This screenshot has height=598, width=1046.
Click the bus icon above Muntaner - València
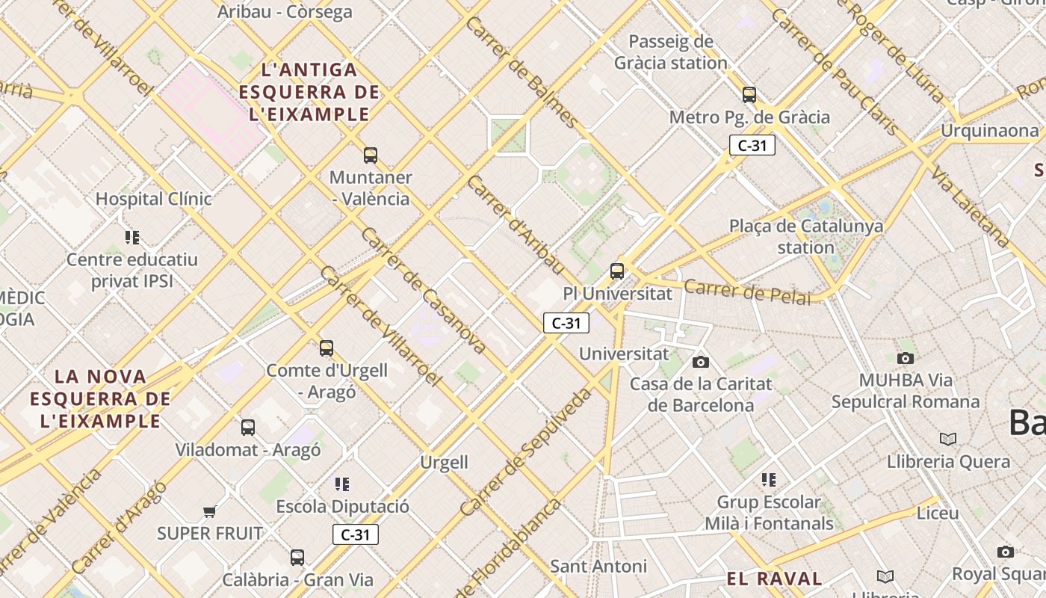pyautogui.click(x=371, y=155)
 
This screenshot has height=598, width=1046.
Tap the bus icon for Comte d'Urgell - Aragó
pyautogui.click(x=327, y=348)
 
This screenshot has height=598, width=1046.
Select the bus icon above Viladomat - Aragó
pyautogui.click(x=248, y=428)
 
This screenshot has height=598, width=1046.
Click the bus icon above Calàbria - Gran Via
pyautogui.click(x=297, y=558)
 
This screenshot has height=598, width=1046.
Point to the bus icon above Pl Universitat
pyautogui.click(x=617, y=271)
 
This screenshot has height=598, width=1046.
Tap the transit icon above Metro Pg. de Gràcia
pyautogui.click(x=749, y=95)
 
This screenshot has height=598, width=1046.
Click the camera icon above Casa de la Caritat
pyautogui.click(x=701, y=363)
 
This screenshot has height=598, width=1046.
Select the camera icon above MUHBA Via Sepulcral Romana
pyautogui.click(x=906, y=359)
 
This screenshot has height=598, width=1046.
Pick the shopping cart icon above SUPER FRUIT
pyautogui.click(x=210, y=512)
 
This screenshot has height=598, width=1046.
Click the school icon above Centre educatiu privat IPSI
pyautogui.click(x=132, y=238)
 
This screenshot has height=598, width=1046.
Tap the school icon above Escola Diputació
pyautogui.click(x=342, y=484)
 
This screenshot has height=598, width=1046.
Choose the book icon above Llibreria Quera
pyautogui.click(x=948, y=439)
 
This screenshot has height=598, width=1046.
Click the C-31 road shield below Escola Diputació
pyautogui.click(x=356, y=534)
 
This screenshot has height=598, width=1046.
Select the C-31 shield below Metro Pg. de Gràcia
pyautogui.click(x=752, y=146)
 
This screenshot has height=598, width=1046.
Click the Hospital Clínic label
pyautogui.click(x=154, y=199)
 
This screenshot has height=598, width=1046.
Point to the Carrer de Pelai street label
pyautogui.click(x=747, y=292)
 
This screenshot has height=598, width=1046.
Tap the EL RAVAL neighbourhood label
pyautogui.click(x=774, y=579)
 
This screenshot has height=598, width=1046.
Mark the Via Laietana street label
pyautogui.click(x=971, y=207)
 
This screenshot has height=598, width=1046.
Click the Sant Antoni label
pyautogui.click(x=598, y=566)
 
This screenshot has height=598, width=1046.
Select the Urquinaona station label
pyautogui.click(x=989, y=131)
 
